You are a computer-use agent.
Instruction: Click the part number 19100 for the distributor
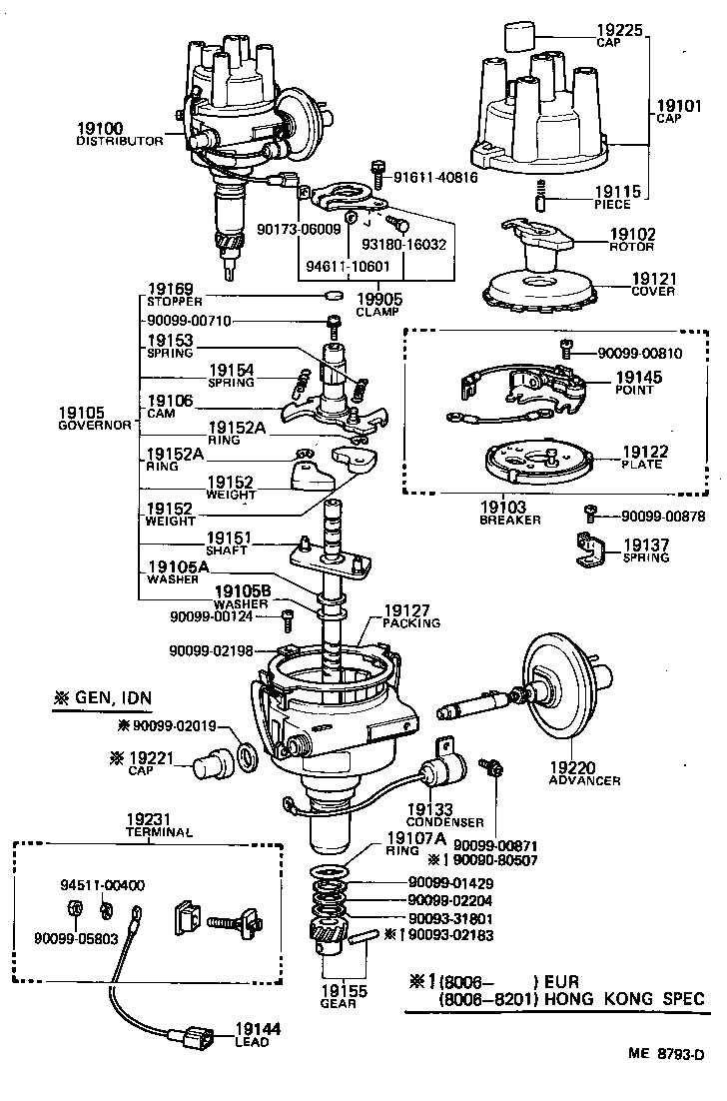coord(99,128)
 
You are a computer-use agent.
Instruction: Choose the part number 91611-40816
coord(435,177)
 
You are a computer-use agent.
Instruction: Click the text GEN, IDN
coord(109,696)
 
